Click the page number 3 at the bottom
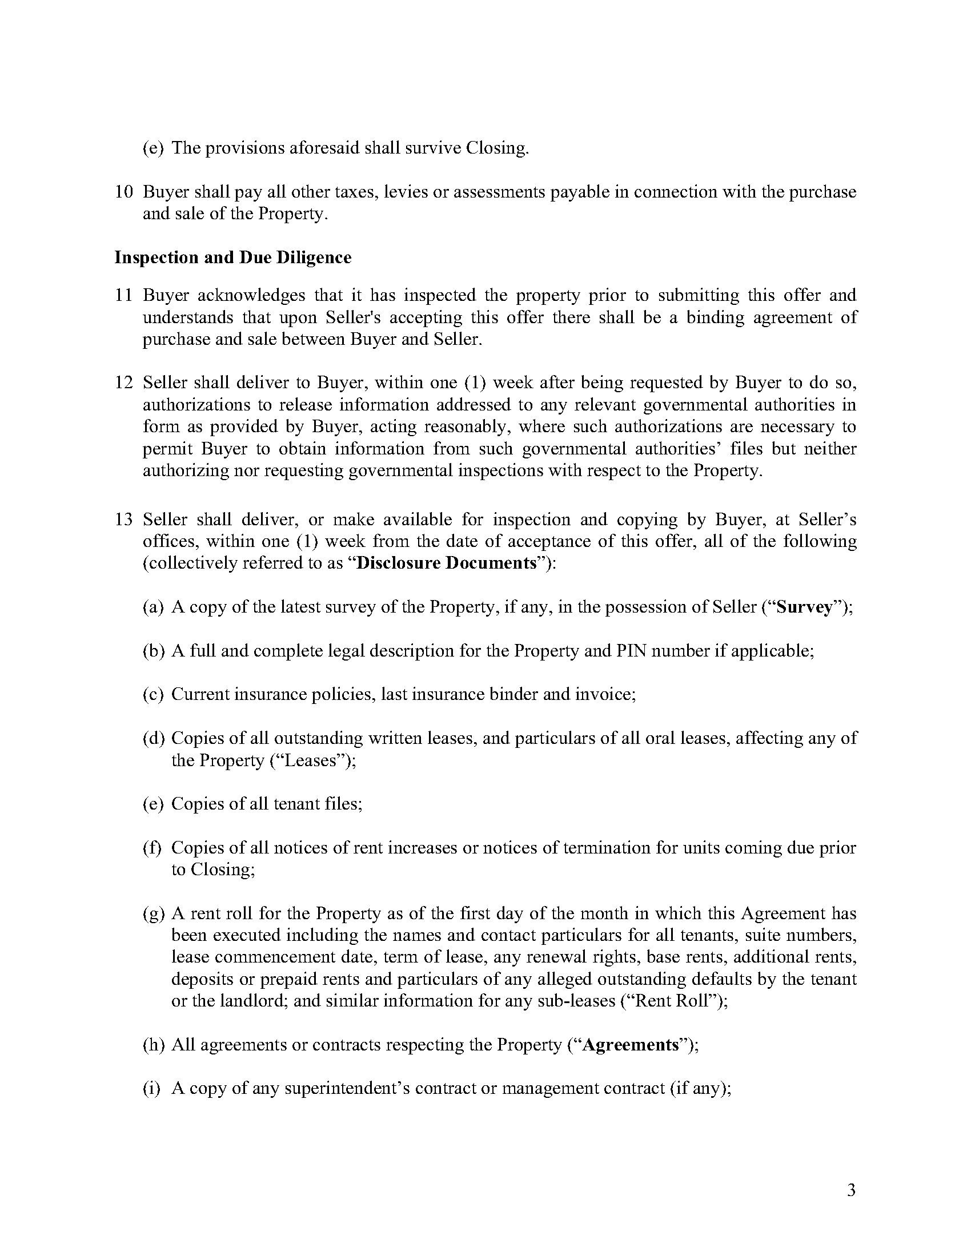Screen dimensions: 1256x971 [x=852, y=1190]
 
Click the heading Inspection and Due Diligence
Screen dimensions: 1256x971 [x=233, y=257]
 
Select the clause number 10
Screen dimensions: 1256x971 [x=124, y=191]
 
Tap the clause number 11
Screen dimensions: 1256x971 [x=124, y=295]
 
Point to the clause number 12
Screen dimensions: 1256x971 [x=124, y=383]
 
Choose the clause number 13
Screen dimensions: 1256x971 [x=124, y=520]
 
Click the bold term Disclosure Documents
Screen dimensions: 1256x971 [x=447, y=563]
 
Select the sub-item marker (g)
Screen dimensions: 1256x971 [x=154, y=914]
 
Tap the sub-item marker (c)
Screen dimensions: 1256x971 [x=153, y=695]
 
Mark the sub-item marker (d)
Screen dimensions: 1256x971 [x=154, y=738]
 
